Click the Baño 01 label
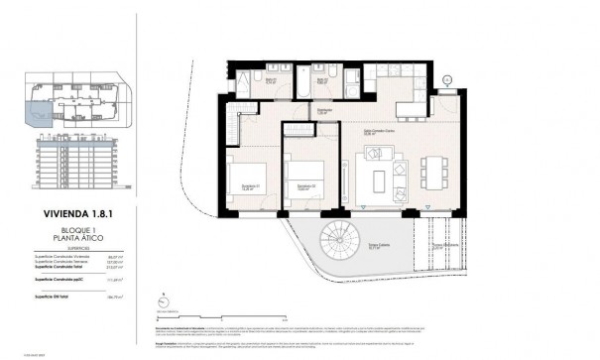pyautogui.click(x=242, y=81)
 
